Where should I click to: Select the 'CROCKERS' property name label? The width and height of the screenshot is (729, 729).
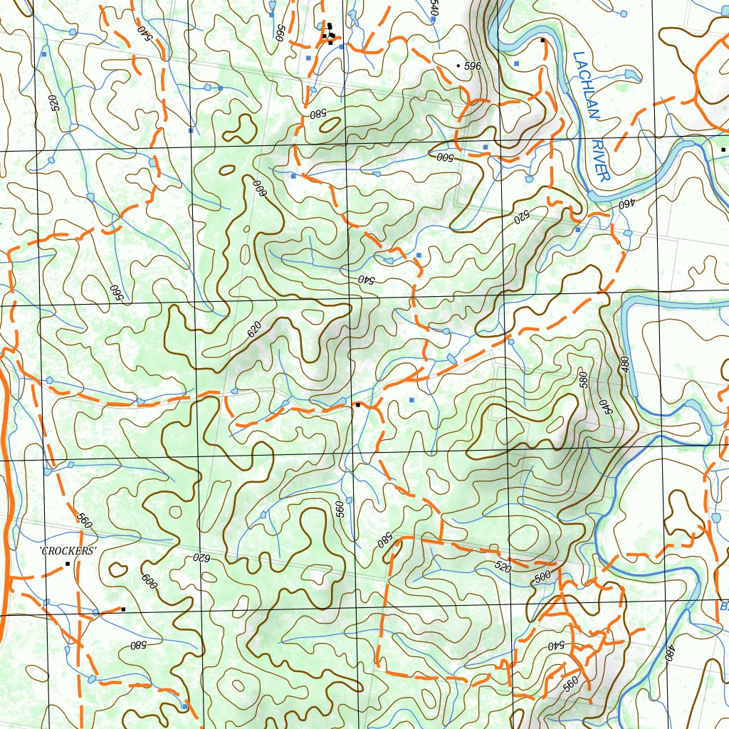click(x=68, y=551)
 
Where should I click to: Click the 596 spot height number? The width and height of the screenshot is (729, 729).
click(x=473, y=66)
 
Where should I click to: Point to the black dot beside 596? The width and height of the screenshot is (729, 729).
click(x=458, y=65)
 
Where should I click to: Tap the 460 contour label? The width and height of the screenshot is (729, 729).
click(x=626, y=204)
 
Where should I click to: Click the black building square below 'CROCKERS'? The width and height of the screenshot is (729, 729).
click(x=68, y=564)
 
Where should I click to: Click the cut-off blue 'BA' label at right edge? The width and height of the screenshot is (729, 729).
click(x=723, y=607)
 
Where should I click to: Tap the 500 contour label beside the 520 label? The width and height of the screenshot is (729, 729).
click(x=542, y=576)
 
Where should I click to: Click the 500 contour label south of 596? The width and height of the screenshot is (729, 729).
click(x=445, y=156)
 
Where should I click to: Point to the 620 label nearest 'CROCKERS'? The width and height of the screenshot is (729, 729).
click(x=201, y=558)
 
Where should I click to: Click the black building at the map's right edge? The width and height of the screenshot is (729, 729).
click(x=723, y=150)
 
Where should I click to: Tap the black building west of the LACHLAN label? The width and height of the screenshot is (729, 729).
click(x=542, y=41)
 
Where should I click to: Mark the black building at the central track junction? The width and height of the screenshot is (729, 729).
click(x=357, y=404)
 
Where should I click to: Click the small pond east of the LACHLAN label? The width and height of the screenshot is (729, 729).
click(x=630, y=74)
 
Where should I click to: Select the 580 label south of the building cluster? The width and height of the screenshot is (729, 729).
click(x=318, y=113)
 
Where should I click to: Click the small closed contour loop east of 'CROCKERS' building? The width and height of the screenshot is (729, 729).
click(x=117, y=569)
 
